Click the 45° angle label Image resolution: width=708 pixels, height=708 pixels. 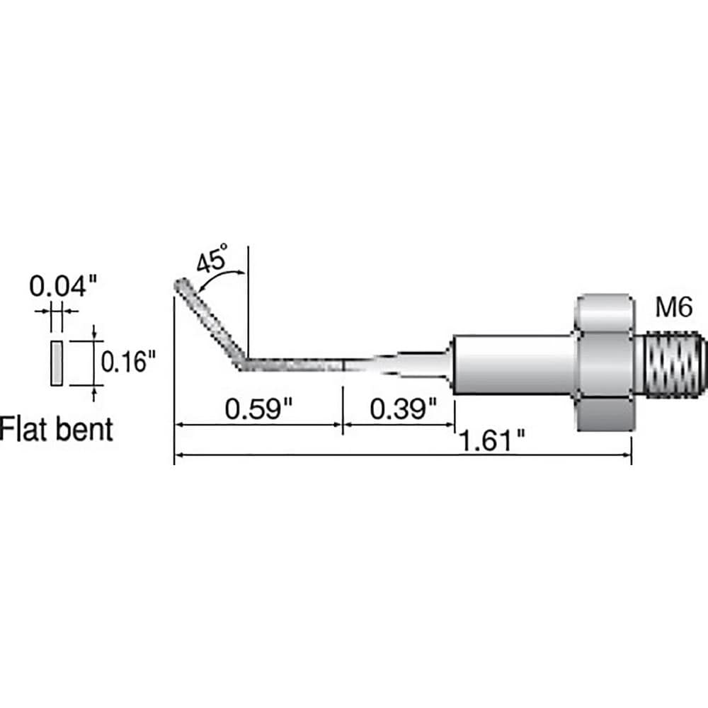click(x=212, y=258)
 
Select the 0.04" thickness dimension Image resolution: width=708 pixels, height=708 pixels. click(x=63, y=286)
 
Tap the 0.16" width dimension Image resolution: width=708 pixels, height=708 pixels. click(x=127, y=362)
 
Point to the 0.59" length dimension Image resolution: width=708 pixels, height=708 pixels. click(x=258, y=409)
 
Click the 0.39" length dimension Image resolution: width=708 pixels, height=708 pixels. click(x=404, y=409)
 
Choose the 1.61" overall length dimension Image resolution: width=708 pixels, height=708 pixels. click(x=492, y=440)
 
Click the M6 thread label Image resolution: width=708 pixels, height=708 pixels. click(x=674, y=307)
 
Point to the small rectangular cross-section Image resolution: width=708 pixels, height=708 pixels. click(x=57, y=363)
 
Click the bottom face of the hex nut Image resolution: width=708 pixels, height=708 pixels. click(x=605, y=414)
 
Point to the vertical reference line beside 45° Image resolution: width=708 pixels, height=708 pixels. click(x=249, y=302)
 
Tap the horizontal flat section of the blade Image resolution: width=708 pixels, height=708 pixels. click(x=295, y=365)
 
